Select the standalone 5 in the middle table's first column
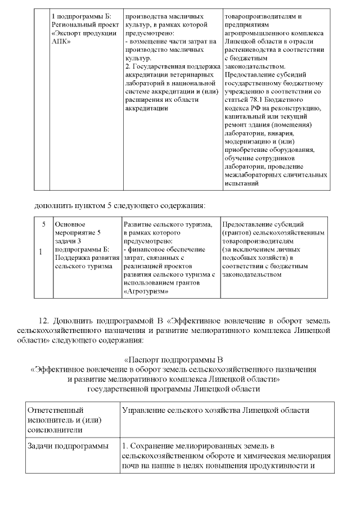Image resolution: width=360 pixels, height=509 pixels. click(x=43, y=224)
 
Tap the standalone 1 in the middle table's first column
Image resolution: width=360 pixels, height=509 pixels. click(x=41, y=251)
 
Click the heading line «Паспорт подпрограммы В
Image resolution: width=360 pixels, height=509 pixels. click(x=174, y=359)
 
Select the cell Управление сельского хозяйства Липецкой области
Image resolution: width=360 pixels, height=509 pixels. click(x=215, y=411)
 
